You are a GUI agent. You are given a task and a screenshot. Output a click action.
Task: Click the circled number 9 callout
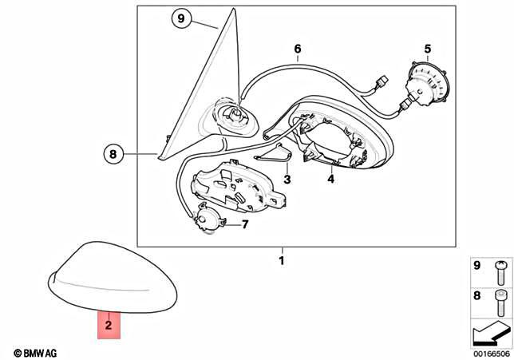(181, 18)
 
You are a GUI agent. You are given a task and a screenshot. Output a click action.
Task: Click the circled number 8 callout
(113, 154)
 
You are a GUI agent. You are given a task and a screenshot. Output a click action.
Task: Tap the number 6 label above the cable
(298, 49)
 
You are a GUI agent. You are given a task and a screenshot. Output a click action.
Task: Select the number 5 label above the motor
(428, 49)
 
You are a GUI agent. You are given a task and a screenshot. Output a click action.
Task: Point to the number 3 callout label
(287, 180)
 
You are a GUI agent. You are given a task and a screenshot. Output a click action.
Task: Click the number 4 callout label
(330, 179)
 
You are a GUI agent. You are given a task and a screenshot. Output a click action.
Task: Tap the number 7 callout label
(245, 224)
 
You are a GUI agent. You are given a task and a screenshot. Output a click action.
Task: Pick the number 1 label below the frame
(282, 261)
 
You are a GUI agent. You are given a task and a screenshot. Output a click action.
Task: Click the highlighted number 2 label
(109, 325)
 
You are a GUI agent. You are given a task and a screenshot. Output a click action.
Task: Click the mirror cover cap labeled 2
(113, 277)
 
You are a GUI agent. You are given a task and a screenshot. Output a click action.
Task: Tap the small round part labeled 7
(208, 219)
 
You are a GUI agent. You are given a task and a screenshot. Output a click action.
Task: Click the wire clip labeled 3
(274, 153)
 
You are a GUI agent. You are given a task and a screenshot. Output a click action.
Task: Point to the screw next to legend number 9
(500, 272)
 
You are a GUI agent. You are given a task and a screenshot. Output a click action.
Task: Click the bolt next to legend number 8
(500, 303)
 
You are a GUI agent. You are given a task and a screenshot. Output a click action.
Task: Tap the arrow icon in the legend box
(491, 334)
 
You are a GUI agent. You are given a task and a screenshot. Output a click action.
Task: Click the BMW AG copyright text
(35, 353)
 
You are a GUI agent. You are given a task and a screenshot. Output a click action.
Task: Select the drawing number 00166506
(492, 354)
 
